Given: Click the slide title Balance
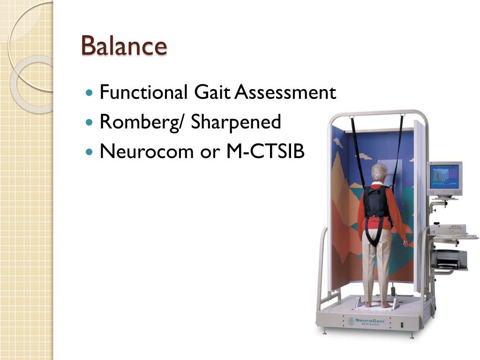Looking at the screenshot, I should click(124, 46).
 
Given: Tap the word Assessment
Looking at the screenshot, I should click(285, 92).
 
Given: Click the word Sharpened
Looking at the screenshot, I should click(236, 122).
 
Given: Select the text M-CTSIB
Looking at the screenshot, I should click(266, 151).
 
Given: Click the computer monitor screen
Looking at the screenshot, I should click(443, 177).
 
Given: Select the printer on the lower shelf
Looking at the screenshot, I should click(449, 259).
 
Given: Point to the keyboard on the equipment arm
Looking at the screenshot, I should click(454, 237).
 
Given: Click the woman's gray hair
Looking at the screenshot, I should click(379, 172).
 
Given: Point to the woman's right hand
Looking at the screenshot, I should click(406, 243).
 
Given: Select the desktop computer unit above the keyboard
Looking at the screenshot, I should click(448, 229).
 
